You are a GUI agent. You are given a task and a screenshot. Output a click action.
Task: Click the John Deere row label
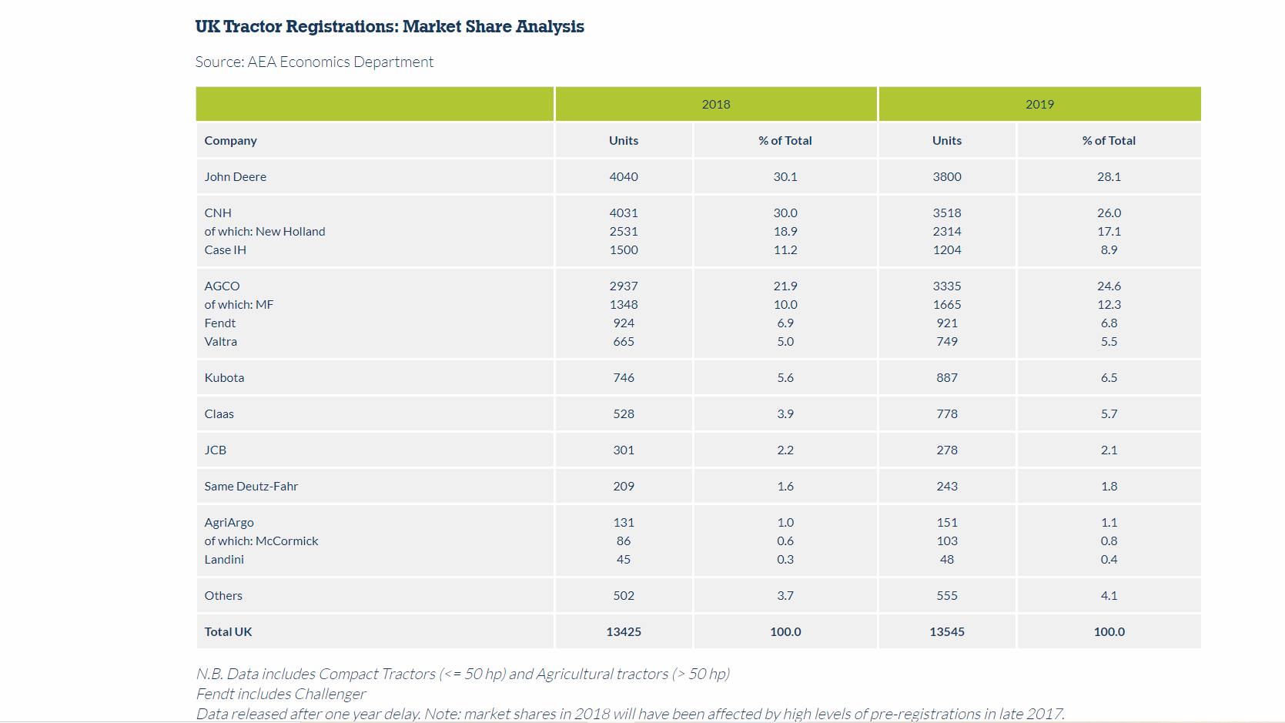[235, 176]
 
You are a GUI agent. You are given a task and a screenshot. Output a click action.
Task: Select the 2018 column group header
[715, 104]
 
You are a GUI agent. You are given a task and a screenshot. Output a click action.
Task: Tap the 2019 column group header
[1039, 104]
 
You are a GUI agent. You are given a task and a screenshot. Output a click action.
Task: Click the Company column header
[230, 140]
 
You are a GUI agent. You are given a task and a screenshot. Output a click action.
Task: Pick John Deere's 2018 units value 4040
[624, 176]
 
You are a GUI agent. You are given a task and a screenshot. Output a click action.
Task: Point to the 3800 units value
[947, 176]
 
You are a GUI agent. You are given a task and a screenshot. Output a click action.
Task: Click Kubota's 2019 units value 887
[947, 377]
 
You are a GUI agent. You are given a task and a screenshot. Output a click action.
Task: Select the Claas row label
[219, 413]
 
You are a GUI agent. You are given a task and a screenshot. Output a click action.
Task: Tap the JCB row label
[215, 450]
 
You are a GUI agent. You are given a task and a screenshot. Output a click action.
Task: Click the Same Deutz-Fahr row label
[251, 486]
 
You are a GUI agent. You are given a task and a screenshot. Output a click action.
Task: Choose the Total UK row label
[228, 631]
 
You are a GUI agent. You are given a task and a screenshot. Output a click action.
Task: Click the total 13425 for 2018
[624, 631]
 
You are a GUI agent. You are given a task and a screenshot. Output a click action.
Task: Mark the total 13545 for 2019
[947, 631]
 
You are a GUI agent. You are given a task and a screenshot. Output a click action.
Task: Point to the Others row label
[223, 595]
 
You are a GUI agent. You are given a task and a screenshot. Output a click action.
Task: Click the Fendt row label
[219, 323]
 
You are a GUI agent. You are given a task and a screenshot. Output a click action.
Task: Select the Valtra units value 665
[624, 341]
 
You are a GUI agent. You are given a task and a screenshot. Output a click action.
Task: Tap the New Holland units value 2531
[624, 231]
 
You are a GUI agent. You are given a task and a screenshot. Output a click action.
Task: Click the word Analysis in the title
[550, 27]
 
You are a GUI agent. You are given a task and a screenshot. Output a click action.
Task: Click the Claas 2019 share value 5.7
[1109, 413]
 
